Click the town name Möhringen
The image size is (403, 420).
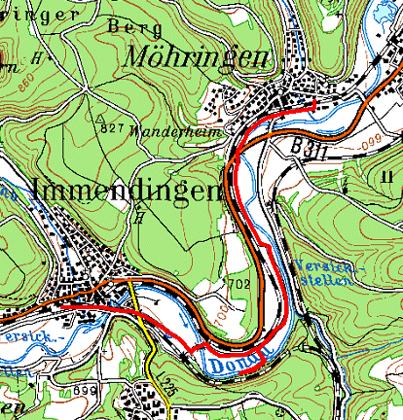(x=196, y=58)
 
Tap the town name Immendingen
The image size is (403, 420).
(x=127, y=191)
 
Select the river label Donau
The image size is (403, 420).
(x=233, y=363)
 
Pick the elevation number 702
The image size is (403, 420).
(x=241, y=284)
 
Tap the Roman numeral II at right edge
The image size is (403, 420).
(x=387, y=176)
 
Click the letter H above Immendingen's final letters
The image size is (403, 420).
(x=142, y=217)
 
